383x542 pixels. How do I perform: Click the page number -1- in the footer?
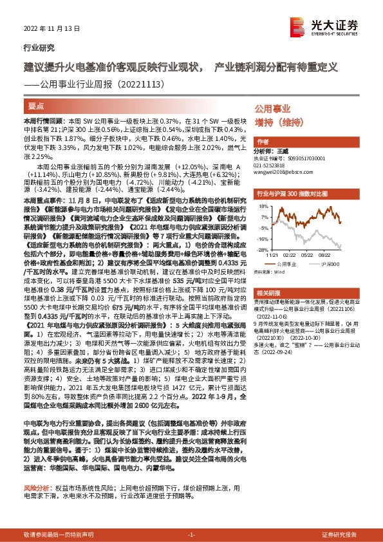click(x=191, y=536)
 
